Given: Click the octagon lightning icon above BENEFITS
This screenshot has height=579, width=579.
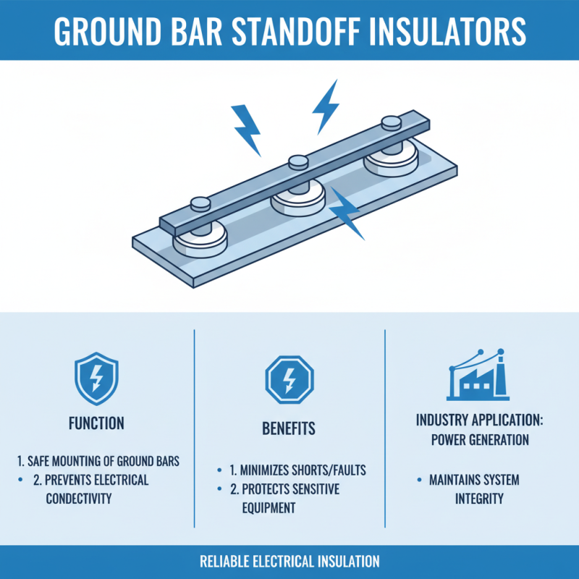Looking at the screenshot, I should click(x=288, y=379).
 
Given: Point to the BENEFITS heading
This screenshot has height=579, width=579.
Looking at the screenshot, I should click(x=288, y=428).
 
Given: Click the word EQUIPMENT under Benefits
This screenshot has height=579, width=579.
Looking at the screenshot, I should click(x=269, y=508).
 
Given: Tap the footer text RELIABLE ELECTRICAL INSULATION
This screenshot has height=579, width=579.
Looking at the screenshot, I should click(x=289, y=562).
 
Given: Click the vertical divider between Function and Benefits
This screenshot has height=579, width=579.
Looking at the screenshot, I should click(x=194, y=427).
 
